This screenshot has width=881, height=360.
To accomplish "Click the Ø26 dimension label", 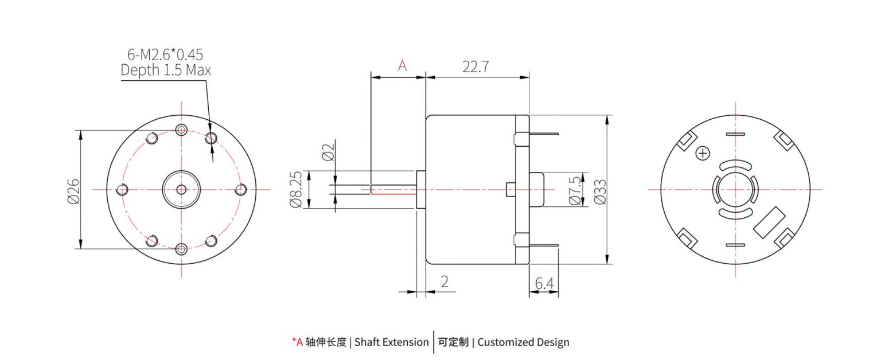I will pos(73,190).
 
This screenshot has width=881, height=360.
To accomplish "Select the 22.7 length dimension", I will pos(475,66).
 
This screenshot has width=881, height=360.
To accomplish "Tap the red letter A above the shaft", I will pos(403,66).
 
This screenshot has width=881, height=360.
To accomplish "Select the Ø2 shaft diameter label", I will pos(328,152).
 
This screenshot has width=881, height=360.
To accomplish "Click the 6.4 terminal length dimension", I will pos(544,283).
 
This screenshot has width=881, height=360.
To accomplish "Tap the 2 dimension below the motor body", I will pos(445,281).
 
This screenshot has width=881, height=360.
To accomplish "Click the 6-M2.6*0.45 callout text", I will pos(165,54).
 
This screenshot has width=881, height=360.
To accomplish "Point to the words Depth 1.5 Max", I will pos(166,70).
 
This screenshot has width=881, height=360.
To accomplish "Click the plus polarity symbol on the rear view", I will pos(703,153).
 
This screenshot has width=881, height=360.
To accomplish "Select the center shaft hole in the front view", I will pos(181,189).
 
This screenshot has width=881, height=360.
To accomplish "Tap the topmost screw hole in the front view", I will pos(181,130).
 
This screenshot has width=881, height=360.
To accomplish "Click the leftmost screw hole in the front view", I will pos(122,190).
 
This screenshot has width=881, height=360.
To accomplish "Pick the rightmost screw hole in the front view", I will pos(241,189).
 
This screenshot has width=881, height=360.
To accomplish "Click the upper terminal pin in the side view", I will pos(544,134).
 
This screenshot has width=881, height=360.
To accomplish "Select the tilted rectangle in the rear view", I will pos(769,222).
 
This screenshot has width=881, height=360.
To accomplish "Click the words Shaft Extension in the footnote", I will pos(391,342).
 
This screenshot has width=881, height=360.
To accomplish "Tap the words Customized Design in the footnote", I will pos(523,342).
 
